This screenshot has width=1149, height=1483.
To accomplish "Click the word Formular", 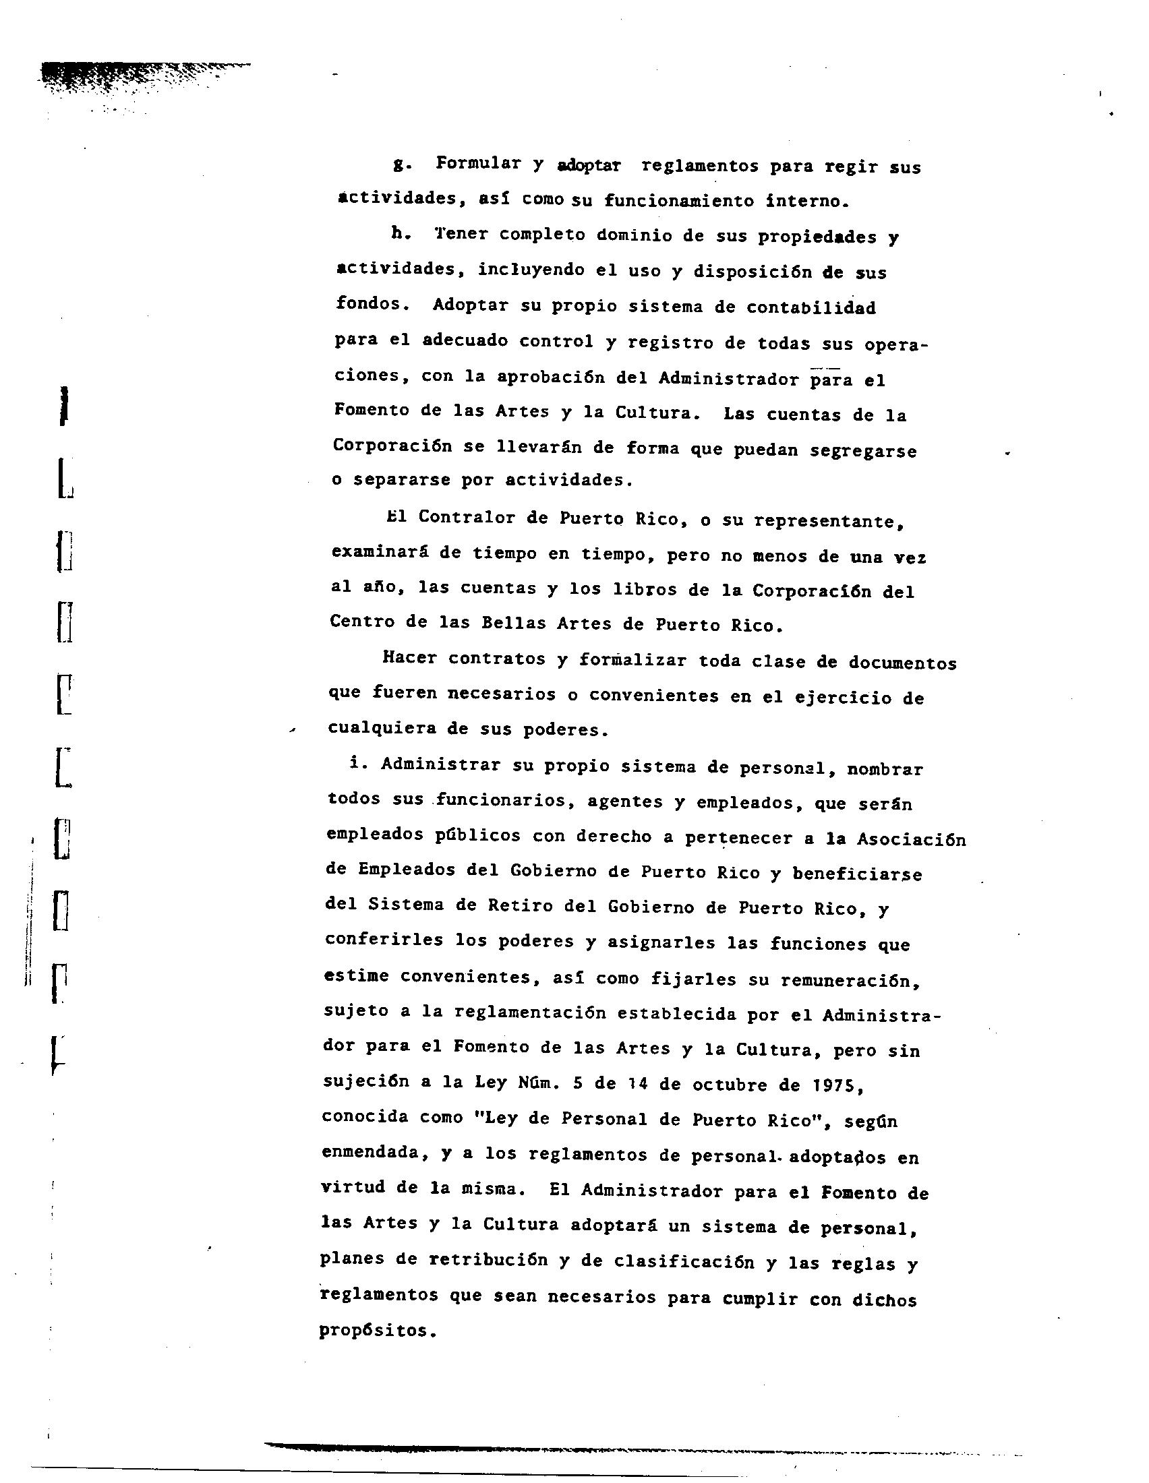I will coord(478,164).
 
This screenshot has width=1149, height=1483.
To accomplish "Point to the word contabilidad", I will coord(811,307).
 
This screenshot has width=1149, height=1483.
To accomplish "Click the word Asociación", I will coord(911,840).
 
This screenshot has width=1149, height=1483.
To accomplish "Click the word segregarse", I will coord(862,451).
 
